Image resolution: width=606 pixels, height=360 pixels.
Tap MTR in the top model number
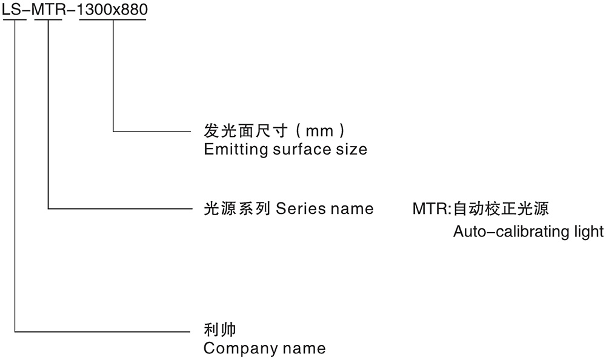pyautogui.click(x=48, y=10)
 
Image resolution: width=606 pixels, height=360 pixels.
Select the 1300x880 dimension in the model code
pyautogui.click(x=113, y=10)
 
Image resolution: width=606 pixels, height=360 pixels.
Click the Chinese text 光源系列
pyautogui.click(x=236, y=209)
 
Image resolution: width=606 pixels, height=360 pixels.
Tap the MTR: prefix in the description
pyautogui.click(x=432, y=209)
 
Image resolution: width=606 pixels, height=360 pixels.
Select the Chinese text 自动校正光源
pyautogui.click(x=501, y=209)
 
